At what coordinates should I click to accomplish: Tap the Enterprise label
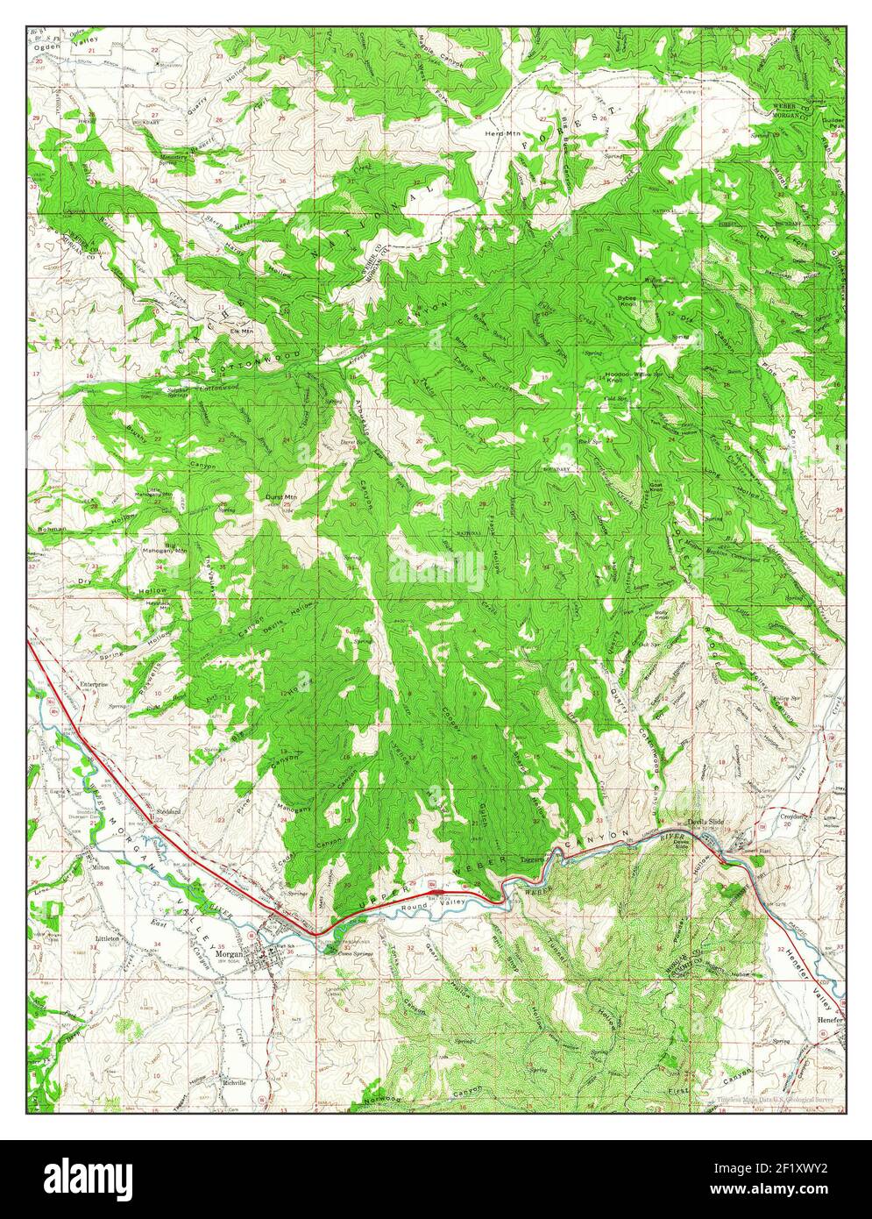coord(94,684)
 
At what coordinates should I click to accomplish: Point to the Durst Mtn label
coord(280,495)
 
